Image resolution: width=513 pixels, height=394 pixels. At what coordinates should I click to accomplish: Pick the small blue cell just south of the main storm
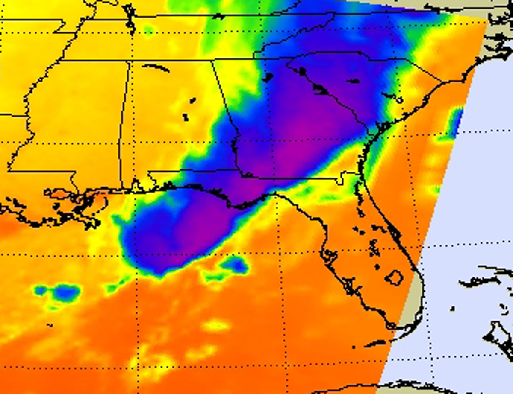[235, 265]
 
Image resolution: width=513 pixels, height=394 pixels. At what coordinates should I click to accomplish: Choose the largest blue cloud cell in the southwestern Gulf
[64, 292]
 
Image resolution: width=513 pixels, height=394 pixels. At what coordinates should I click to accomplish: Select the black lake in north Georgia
[268, 77]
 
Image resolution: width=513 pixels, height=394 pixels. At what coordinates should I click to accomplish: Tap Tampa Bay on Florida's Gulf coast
[329, 256]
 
